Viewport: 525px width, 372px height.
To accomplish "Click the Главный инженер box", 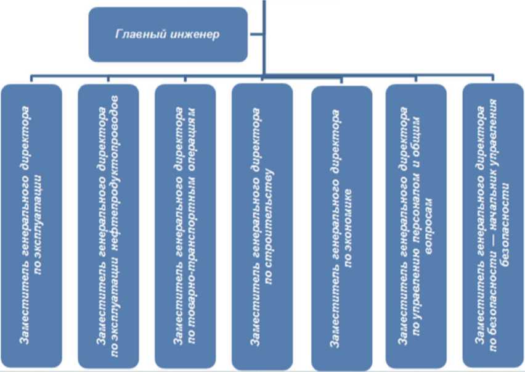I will click(x=168, y=34).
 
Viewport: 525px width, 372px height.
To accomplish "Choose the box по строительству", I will click(x=262, y=225).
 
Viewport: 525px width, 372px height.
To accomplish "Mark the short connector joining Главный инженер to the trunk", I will click(x=256, y=34).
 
